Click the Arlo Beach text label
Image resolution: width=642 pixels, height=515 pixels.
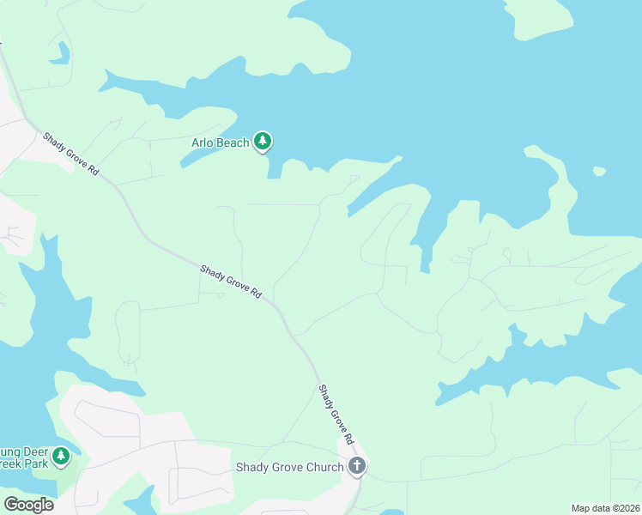(x=219, y=142)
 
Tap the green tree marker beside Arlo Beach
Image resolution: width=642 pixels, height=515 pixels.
(x=263, y=142)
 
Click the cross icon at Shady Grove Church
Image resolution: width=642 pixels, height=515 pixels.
(x=358, y=467)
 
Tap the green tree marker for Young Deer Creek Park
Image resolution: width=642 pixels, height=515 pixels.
(x=61, y=456)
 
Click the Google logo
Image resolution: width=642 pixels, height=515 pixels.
(x=29, y=505)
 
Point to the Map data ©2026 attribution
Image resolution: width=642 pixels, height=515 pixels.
(x=605, y=508)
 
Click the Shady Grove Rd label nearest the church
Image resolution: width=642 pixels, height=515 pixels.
(x=336, y=414)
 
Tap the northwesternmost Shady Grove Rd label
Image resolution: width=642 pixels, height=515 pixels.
(x=71, y=154)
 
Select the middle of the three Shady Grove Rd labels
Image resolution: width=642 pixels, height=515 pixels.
(x=230, y=282)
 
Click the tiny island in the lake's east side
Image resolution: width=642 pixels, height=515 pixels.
(x=599, y=171)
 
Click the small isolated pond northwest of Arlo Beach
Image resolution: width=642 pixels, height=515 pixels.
(x=59, y=53)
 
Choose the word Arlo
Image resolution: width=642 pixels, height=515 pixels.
(x=203, y=142)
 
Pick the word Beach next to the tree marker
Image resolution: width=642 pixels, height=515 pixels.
(x=233, y=142)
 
